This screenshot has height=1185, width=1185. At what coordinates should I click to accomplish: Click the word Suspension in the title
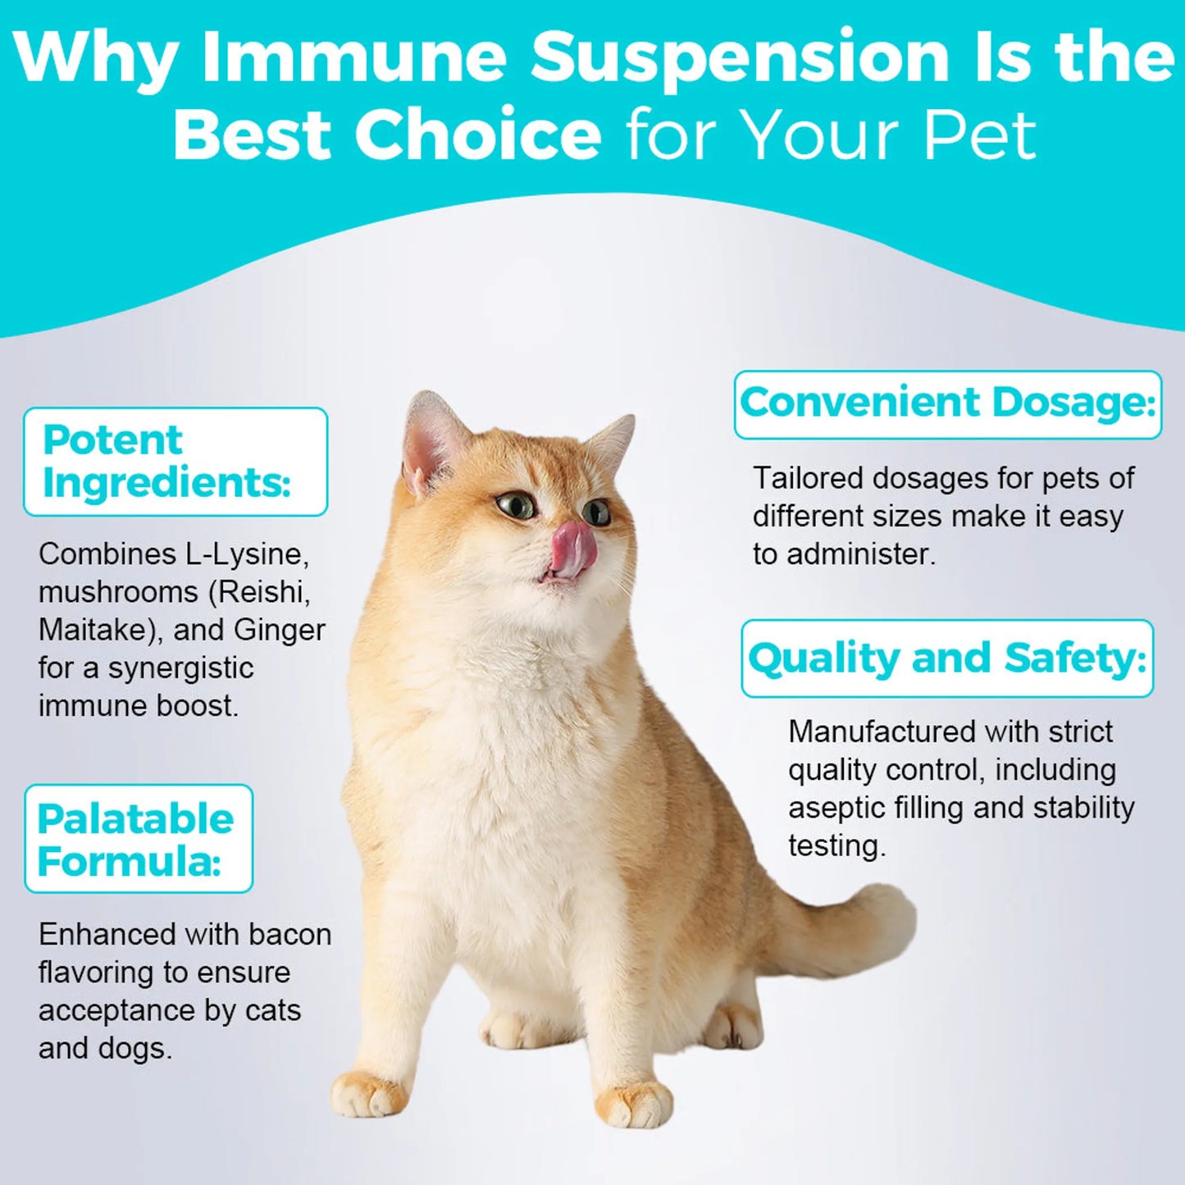(739, 57)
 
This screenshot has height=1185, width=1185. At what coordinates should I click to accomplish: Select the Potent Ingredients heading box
(175, 462)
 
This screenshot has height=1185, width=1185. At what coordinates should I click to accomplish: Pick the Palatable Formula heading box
(139, 839)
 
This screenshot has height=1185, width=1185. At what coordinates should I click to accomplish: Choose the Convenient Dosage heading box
(947, 404)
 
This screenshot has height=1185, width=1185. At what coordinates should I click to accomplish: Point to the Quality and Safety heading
(947, 659)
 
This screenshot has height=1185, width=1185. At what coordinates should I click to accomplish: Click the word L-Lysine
(247, 555)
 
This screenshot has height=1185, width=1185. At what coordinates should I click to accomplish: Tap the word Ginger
(280, 631)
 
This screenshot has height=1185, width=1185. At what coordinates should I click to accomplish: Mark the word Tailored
(807, 478)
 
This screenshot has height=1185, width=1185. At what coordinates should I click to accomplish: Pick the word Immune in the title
(353, 57)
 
